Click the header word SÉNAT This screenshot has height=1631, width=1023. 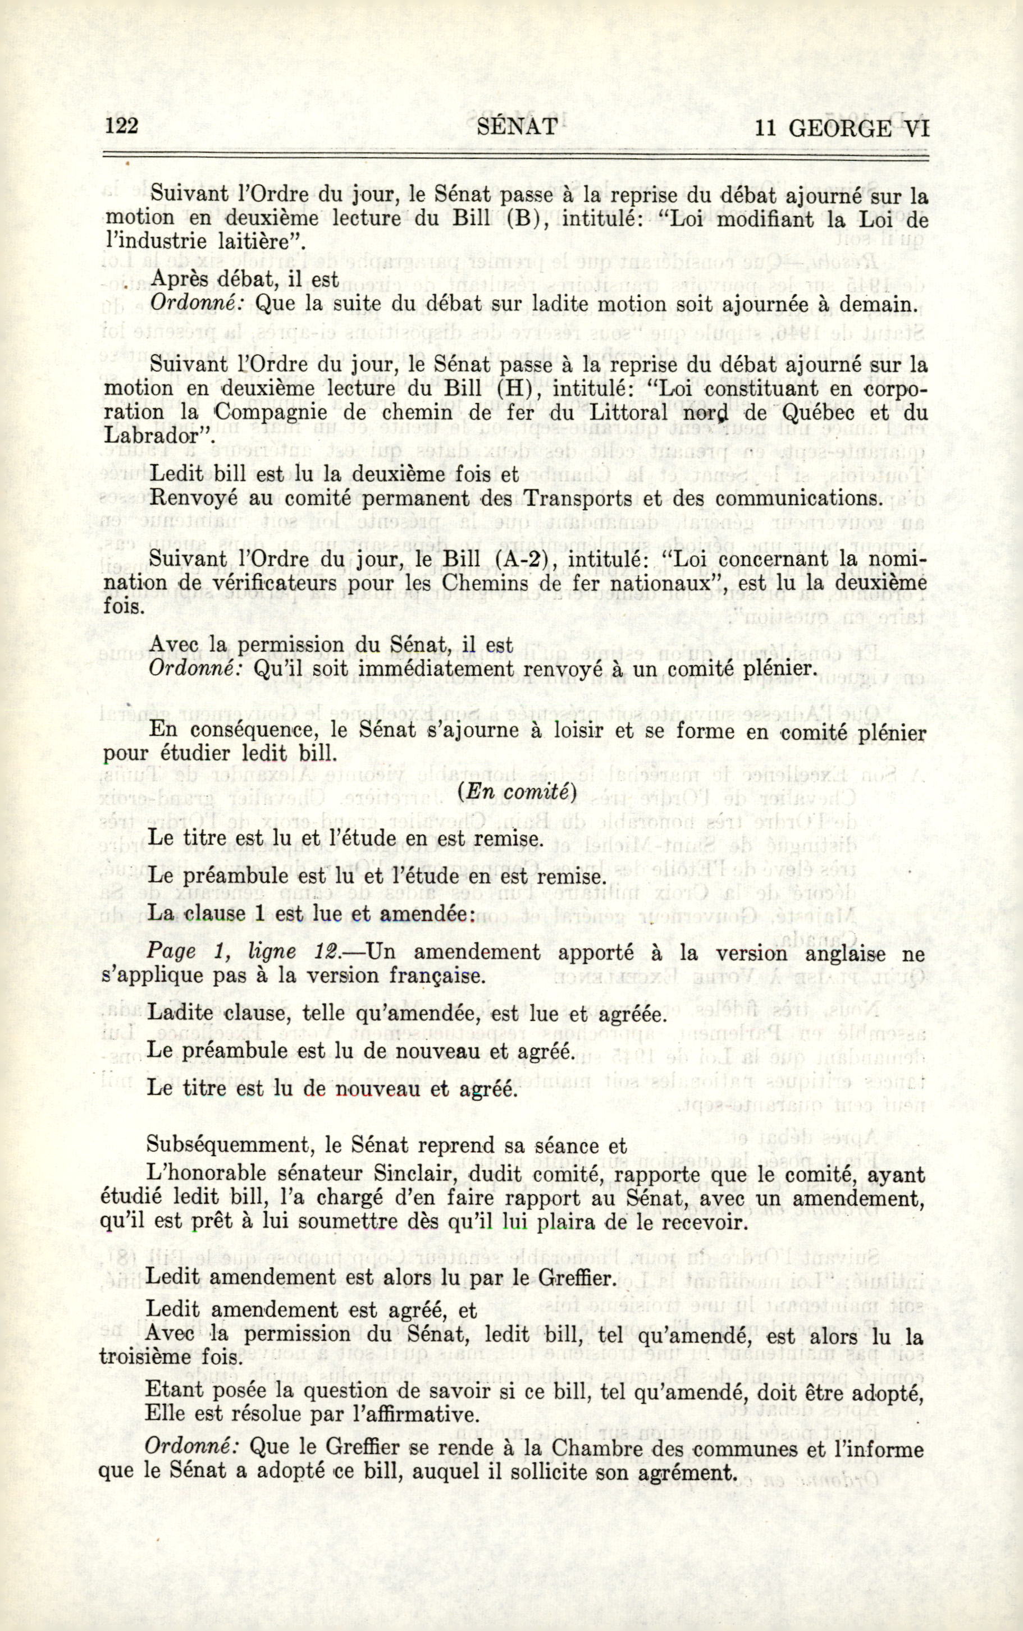point(517,127)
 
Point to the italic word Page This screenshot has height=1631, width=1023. point(172,953)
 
